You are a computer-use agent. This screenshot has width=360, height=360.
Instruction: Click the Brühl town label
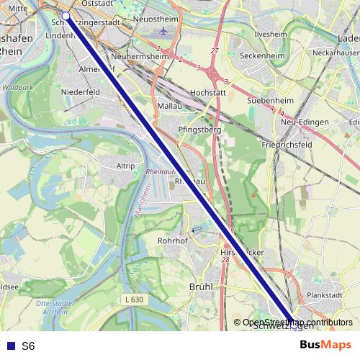click(201, 287)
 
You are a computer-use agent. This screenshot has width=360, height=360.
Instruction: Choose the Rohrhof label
click(172, 240)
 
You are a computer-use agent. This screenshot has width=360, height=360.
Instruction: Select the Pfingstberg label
click(197, 130)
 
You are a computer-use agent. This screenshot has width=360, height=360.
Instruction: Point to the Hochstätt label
click(209, 93)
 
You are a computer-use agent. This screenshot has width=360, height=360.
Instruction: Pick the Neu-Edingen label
click(310, 122)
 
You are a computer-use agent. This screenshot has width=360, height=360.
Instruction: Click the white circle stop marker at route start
click(66, 15)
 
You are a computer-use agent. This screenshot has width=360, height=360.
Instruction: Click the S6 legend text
click(28, 346)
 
